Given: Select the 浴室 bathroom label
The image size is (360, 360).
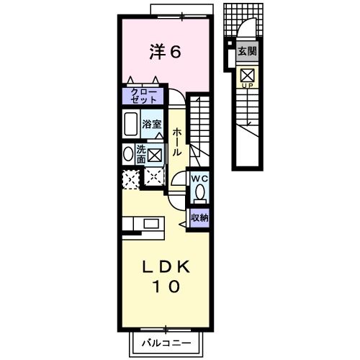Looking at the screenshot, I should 152,123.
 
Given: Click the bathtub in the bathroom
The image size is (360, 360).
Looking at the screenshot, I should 131,125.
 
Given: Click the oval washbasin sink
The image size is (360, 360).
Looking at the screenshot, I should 128,153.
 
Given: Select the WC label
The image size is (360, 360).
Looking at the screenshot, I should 199,177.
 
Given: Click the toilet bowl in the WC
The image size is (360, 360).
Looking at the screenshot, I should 200,192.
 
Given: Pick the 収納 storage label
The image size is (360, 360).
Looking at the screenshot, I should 199,217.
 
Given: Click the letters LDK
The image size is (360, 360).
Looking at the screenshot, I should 165,267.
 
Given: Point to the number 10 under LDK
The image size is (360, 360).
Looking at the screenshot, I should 165,287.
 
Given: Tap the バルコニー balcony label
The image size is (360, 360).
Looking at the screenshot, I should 166,343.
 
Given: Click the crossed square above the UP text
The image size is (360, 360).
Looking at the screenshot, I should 247,74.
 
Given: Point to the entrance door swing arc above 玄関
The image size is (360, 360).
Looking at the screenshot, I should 245,30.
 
